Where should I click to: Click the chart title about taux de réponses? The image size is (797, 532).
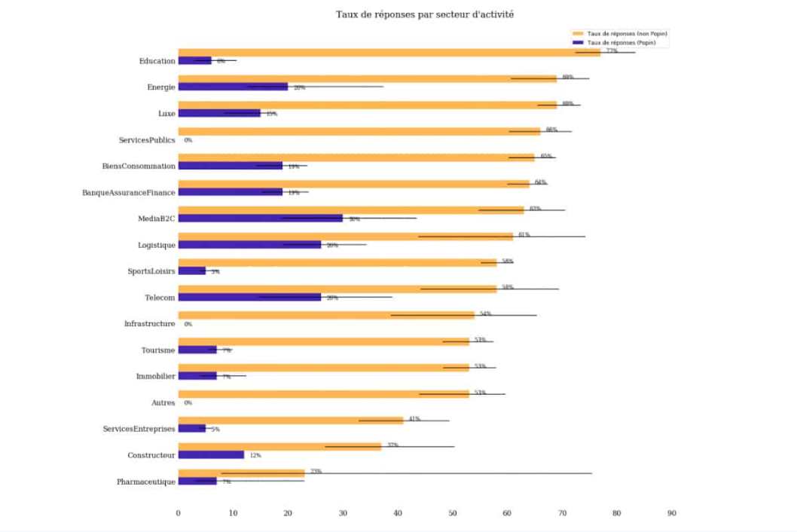425,14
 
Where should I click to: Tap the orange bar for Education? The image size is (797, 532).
389,53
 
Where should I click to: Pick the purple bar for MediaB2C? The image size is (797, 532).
260,219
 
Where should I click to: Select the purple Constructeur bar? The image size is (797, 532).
211,455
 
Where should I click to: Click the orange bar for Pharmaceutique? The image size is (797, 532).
241,473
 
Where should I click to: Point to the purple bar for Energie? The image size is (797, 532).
233,87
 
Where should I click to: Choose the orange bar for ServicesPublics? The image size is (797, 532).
359,131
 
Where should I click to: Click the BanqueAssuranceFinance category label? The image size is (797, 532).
128,193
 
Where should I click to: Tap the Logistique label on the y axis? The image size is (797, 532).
156,245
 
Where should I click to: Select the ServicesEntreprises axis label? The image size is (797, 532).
139,430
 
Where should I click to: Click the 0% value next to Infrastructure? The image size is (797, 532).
188,324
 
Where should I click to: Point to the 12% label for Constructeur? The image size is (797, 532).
255,456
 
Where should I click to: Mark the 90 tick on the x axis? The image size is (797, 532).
671,513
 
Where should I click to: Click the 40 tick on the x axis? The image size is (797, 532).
397,513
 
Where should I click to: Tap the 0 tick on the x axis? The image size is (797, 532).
178,513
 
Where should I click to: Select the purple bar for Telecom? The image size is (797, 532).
249,298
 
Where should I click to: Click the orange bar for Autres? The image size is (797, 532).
323,394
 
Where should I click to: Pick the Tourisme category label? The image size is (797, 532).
157,350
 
